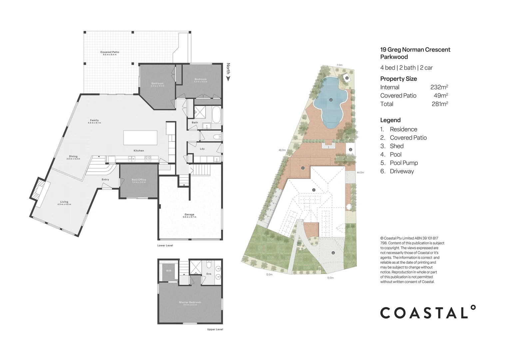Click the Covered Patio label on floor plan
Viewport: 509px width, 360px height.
click(x=110, y=52)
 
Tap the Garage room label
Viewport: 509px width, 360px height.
click(x=190, y=215)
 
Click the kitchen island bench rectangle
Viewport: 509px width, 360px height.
click(x=140, y=138)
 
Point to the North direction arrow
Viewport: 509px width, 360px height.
click(x=228, y=79)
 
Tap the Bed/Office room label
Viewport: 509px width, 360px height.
click(x=139, y=180)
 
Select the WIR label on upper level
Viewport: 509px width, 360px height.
click(x=169, y=271)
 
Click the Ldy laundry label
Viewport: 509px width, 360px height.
click(x=202, y=149)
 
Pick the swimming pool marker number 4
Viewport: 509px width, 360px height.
click(x=331, y=100)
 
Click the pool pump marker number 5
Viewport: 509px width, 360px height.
click(x=347, y=78)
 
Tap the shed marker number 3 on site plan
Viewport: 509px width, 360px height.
click(x=350, y=150)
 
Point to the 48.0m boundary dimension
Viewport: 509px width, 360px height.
click(x=282, y=150)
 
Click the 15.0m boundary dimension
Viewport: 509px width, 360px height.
click(x=330, y=278)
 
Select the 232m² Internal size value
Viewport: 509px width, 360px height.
click(x=439, y=87)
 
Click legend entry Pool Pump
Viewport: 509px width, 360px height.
click(x=404, y=163)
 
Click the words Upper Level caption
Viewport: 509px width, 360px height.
click(x=215, y=329)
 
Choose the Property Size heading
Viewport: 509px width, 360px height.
click(x=398, y=79)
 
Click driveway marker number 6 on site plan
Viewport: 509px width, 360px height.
click(x=333, y=253)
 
